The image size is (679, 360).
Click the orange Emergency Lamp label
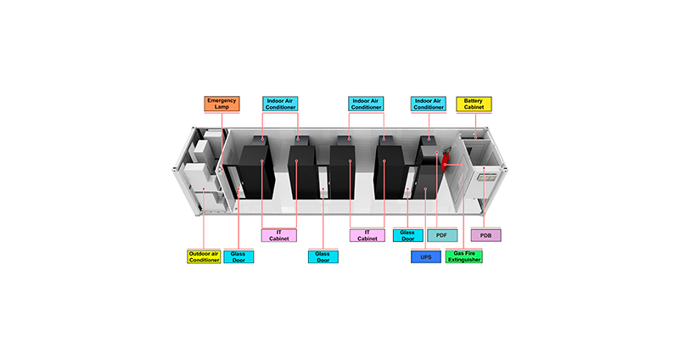pyautogui.click(x=222, y=104)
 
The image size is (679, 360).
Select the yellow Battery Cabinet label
pyautogui.click(x=474, y=104)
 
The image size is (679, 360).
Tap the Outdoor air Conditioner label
pyautogui.click(x=204, y=257)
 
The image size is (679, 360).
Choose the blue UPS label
pyautogui.click(x=426, y=257)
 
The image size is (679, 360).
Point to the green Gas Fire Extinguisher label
pyautogui.click(x=464, y=256)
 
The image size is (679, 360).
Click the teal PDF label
pyautogui.click(x=442, y=235)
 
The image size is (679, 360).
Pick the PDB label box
pyautogui.click(x=485, y=235)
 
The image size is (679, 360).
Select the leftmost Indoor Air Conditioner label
pyautogui.click(x=280, y=104)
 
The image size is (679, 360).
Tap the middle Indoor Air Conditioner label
pyautogui.click(x=366, y=104)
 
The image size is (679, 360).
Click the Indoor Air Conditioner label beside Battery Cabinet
pyautogui.click(x=429, y=104)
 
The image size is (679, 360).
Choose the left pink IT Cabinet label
pyautogui.click(x=279, y=235)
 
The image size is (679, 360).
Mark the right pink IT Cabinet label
pyautogui.click(x=368, y=235)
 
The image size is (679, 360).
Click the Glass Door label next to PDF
pyautogui.click(x=408, y=235)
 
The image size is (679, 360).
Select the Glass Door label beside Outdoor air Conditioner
pyautogui.click(x=238, y=257)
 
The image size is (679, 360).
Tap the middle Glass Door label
pyautogui.click(x=323, y=257)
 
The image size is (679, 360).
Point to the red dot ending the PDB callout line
pyautogui.click(x=484, y=168)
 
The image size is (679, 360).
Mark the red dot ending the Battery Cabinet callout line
pyautogui.click(x=476, y=138)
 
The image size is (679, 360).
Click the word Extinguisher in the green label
pyautogui.click(x=464, y=260)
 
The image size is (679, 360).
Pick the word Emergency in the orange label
pyautogui.click(x=222, y=100)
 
